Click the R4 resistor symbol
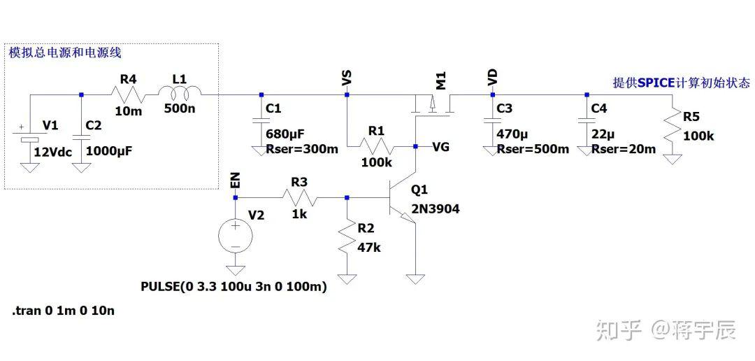(x=128, y=94)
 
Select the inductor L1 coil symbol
(x=179, y=92)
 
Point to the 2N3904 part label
(x=436, y=209)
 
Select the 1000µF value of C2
(x=109, y=151)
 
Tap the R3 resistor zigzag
(x=300, y=197)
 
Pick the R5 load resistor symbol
(x=673, y=124)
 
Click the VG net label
(x=441, y=147)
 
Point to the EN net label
(x=236, y=180)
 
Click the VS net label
(x=346, y=78)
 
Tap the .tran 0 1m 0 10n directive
(x=63, y=311)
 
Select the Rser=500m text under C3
(x=533, y=150)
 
